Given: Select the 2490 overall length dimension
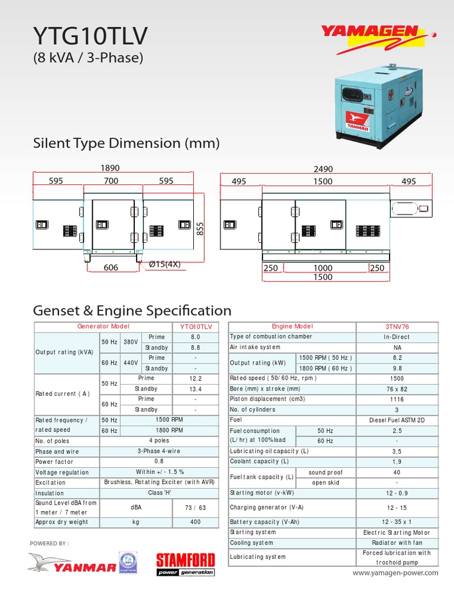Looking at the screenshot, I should click(x=323, y=168).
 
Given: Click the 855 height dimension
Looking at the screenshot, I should click(x=200, y=228).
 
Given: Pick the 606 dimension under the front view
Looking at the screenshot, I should click(x=111, y=268).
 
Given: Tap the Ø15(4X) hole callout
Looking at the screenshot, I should click(x=164, y=265).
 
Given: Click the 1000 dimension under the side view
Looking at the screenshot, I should click(x=323, y=268).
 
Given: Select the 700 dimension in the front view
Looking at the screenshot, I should click(x=111, y=181).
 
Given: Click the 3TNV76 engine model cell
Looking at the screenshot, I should click(x=397, y=327).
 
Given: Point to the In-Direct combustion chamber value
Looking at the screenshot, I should click(x=397, y=337).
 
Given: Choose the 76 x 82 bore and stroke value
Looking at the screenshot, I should click(x=397, y=389).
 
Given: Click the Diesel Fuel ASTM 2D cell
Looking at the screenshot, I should click(x=397, y=420).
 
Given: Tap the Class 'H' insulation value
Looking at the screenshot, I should click(x=160, y=493).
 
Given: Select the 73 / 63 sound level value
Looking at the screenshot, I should click(x=196, y=507).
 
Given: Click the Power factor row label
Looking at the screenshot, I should click(x=54, y=462).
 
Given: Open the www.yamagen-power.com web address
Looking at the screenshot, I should click(x=395, y=573).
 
